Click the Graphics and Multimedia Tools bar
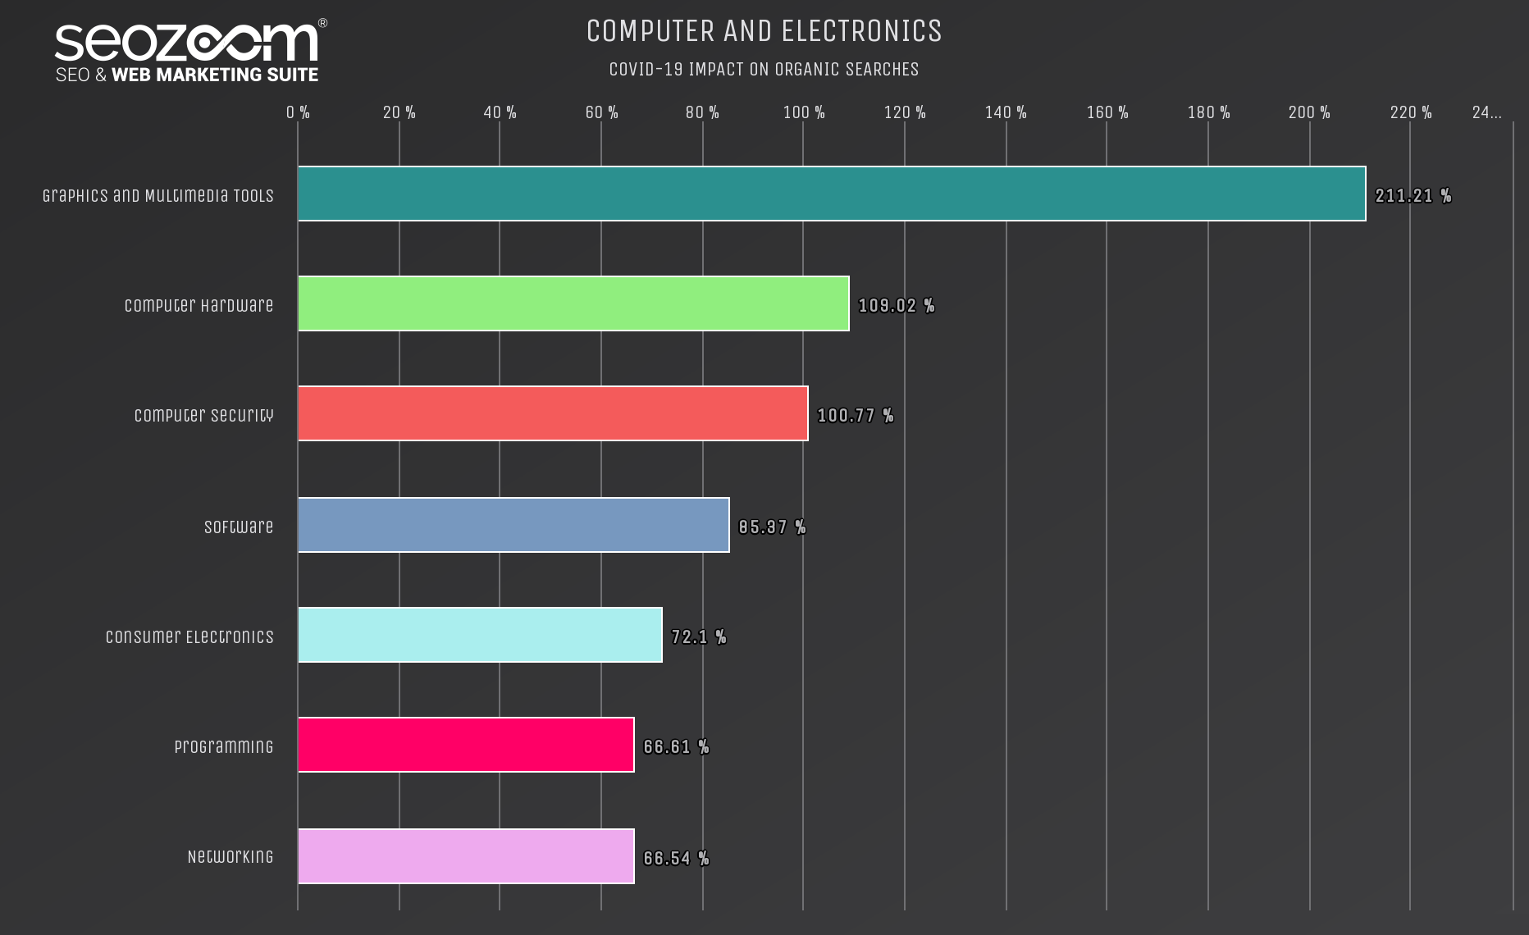[831, 194]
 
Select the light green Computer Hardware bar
[573, 303]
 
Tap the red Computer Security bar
[552, 413]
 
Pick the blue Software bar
[513, 525]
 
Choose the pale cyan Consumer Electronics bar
[479, 635]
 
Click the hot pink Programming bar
[465, 745]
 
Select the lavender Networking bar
[465, 856]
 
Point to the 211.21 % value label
[1413, 196]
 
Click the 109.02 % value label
[896, 306]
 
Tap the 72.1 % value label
[698, 637]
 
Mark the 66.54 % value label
[676, 859]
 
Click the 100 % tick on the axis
[804, 112]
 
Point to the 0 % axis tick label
[298, 112]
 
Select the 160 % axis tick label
[1107, 112]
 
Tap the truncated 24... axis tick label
[1486, 112]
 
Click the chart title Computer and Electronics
[764, 31]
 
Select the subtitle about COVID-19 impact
[764, 70]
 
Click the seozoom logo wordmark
[187, 43]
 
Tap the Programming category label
[223, 746]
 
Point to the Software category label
[238, 527]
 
